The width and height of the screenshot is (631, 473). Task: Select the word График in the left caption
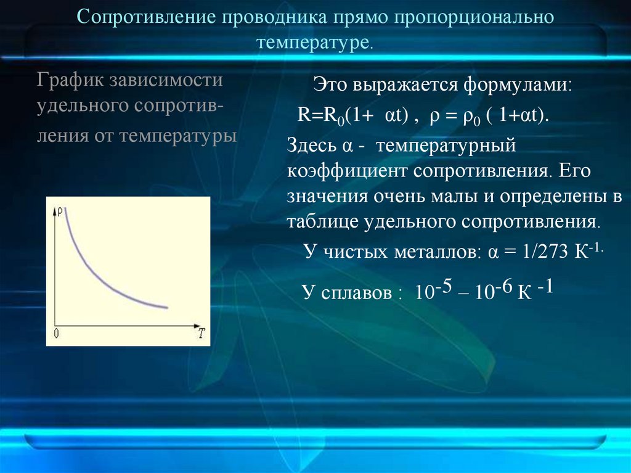click(70, 81)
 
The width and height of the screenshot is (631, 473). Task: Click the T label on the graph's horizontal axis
click(201, 334)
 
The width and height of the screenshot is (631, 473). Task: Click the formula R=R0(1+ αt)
click(350, 117)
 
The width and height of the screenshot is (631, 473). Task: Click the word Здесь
click(311, 147)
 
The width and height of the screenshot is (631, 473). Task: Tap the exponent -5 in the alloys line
click(447, 286)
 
